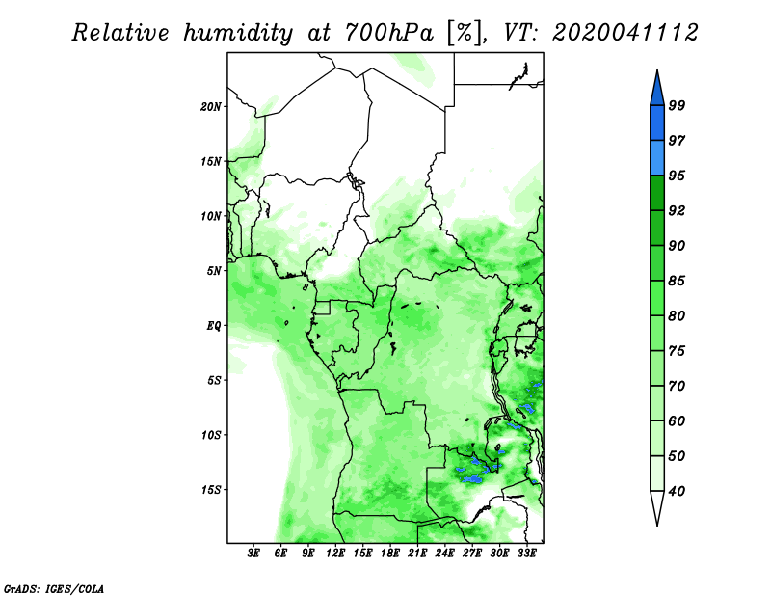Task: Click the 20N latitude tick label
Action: pos(211,106)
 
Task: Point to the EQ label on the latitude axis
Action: pos(213,325)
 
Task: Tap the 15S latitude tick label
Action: pos(211,490)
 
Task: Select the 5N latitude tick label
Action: pos(214,271)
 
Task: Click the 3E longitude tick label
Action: pos(253,554)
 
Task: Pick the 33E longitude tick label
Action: pos(526,554)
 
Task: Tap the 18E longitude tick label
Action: pos(390,554)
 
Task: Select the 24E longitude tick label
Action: pos(444,554)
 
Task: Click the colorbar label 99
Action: pos(677,105)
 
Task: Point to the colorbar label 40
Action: pos(677,491)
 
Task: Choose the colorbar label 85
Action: pos(677,281)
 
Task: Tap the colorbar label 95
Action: pos(677,176)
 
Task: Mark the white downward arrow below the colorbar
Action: pos(657,507)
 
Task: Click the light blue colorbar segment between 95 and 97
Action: pos(657,158)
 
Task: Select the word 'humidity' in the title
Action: pos(239,33)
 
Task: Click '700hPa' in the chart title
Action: pos(390,33)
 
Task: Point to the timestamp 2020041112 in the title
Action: pos(625,33)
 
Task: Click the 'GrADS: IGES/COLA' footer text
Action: pos(54,588)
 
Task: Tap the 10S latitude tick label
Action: pos(211,435)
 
